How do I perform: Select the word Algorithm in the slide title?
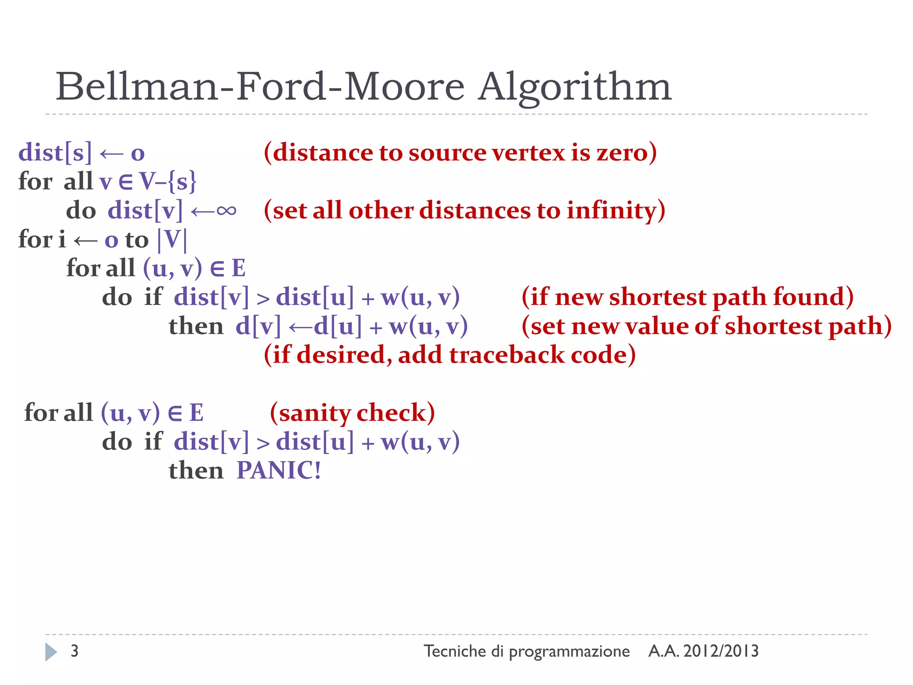pos(575,87)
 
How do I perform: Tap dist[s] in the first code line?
pos(55,152)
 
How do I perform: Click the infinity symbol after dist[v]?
pos(226,210)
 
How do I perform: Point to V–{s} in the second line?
pos(168,182)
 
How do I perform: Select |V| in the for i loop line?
pos(172,239)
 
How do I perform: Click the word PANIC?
pos(279,470)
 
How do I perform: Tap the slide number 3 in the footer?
pos(74,651)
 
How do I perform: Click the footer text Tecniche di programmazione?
pos(526,651)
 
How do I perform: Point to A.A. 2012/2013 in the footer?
pos(703,651)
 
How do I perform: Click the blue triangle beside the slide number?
pos(51,652)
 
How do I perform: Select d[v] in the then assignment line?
pos(258,326)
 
